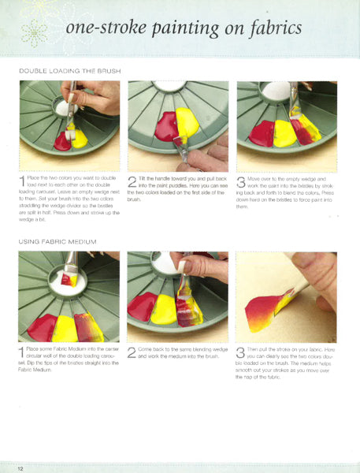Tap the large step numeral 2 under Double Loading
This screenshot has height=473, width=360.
pyautogui.click(x=132, y=181)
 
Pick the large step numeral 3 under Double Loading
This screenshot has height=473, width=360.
pyautogui.click(x=242, y=181)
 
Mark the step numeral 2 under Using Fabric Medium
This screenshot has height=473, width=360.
pyautogui.click(x=132, y=352)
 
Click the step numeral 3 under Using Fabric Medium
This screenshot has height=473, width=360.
pyautogui.click(x=242, y=352)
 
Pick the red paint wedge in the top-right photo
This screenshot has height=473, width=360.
pyautogui.click(x=260, y=134)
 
